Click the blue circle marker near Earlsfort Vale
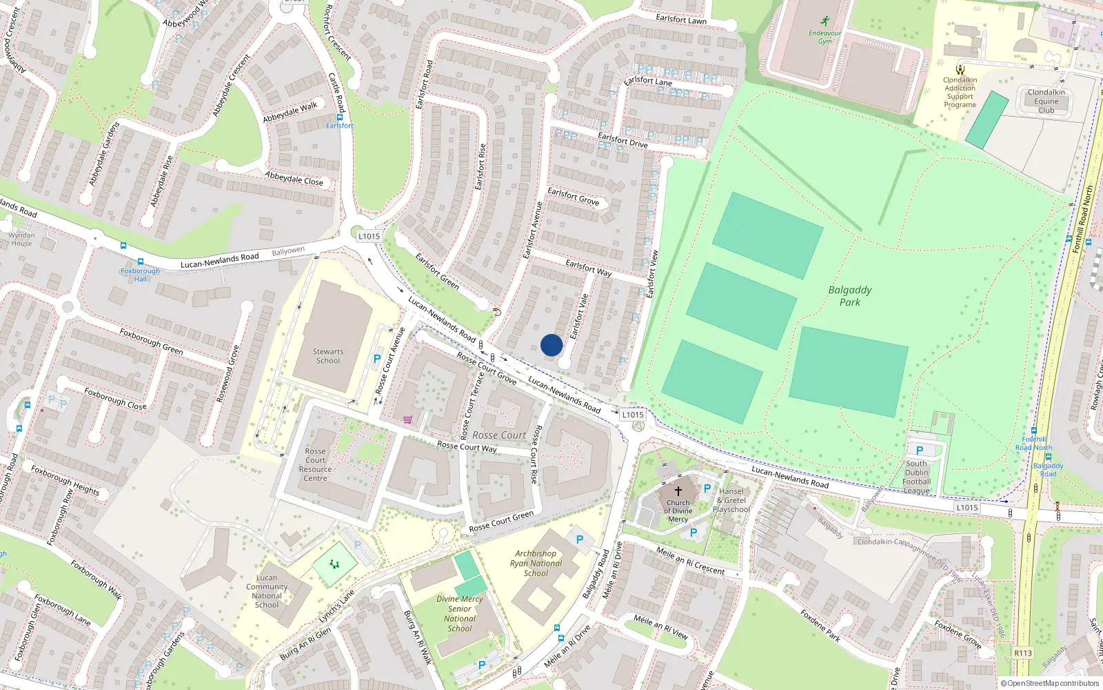pyautogui.click(x=551, y=345)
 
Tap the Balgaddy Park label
pyautogui.click(x=849, y=296)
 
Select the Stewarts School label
pyautogui.click(x=328, y=356)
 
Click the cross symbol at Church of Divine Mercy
pyautogui.click(x=678, y=491)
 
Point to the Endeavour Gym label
pyautogui.click(x=824, y=37)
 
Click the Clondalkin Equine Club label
pyautogui.click(x=1046, y=101)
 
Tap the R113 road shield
pyautogui.click(x=1023, y=653)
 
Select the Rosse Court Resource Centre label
pyautogui.click(x=315, y=464)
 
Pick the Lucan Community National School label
pyautogui.click(x=267, y=591)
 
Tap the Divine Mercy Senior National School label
pyautogui.click(x=460, y=613)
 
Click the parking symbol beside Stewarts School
pyautogui.click(x=376, y=359)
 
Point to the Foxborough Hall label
pyautogui.click(x=140, y=275)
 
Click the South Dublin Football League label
pyautogui.click(x=917, y=477)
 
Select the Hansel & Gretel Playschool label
pyautogui.click(x=731, y=500)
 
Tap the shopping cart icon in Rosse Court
pyautogui.click(x=408, y=419)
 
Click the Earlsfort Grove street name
pyautogui.click(x=573, y=197)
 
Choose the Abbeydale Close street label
pyautogui.click(x=294, y=178)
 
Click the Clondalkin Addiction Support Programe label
pyautogui.click(x=960, y=92)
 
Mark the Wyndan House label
pyautogui.click(x=21, y=239)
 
